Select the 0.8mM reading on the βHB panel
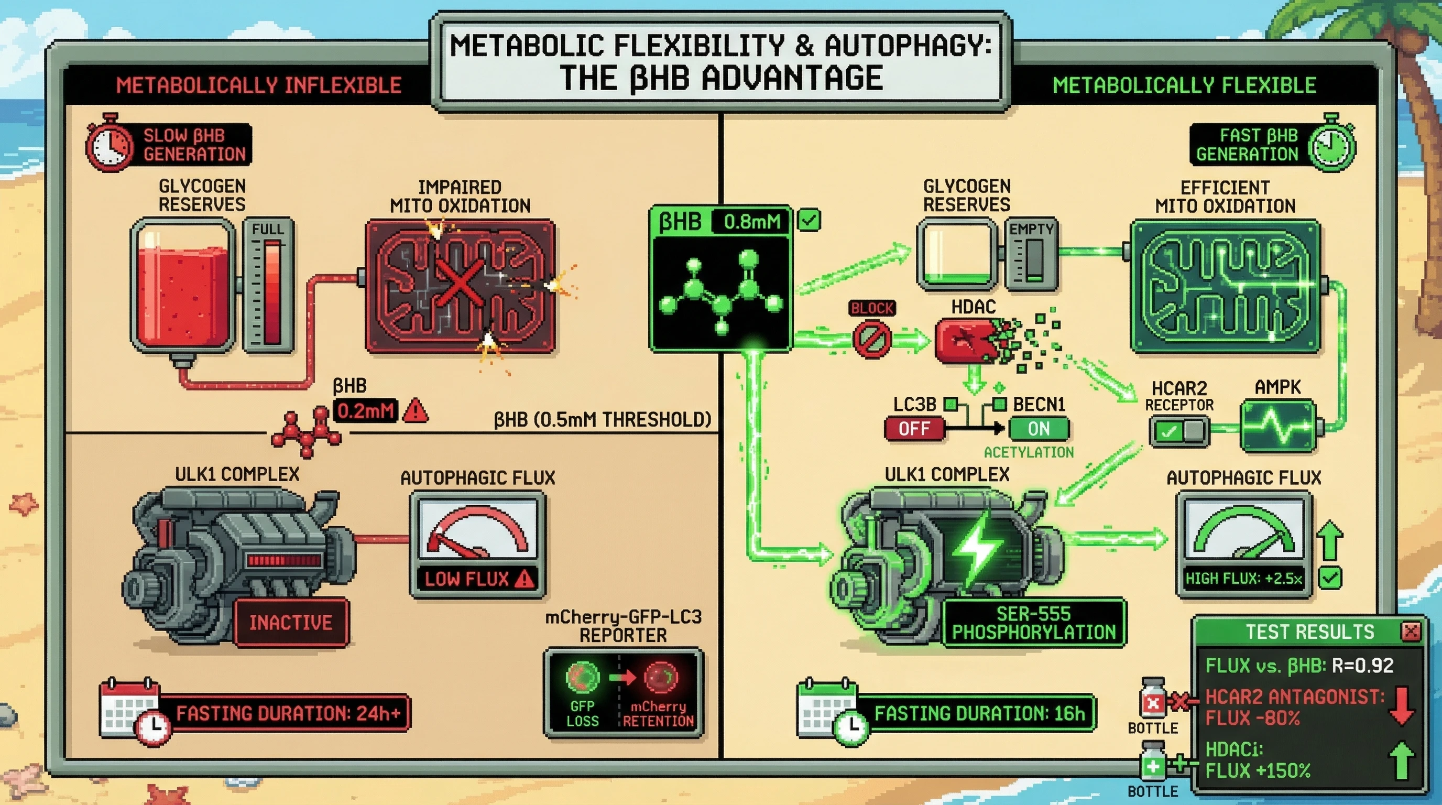pos(751,222)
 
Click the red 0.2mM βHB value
pos(366,411)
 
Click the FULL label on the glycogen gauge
pos(268,230)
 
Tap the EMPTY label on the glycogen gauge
pos(1031,230)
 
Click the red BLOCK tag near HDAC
pos(871,308)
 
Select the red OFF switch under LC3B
pos(914,429)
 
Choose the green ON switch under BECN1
pos(1039,429)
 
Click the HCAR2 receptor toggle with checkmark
pos(1178,432)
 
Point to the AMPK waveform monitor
pos(1277,426)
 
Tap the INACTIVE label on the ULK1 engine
pos(291,623)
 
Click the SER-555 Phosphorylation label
pos(1033,623)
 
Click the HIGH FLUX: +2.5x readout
pos(1243,579)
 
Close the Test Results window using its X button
pos(1410,632)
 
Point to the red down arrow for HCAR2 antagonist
pos(1401,706)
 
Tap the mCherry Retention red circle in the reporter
pos(661,677)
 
